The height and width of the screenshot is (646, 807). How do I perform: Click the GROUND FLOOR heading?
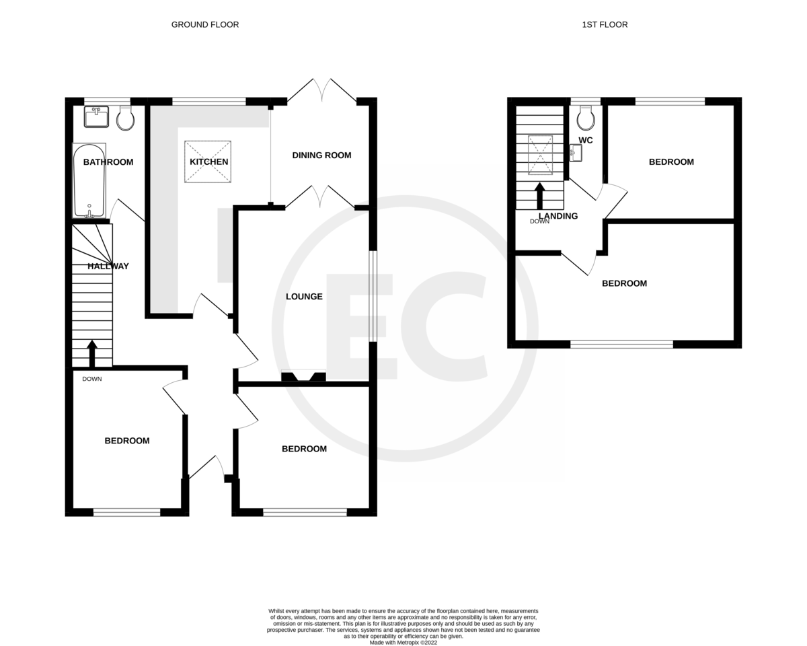[x=205, y=25]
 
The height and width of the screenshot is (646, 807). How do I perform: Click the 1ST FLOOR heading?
[x=605, y=25]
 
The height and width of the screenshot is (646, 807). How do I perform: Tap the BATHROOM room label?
[x=108, y=162]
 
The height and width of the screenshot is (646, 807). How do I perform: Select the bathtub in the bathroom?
[x=89, y=180]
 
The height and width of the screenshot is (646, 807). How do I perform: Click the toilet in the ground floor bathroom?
[x=125, y=119]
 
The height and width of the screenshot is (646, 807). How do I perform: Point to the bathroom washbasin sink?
[x=96, y=117]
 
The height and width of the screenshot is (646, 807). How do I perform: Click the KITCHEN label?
[x=208, y=162]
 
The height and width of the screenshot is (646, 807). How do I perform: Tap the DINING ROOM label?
[x=321, y=155]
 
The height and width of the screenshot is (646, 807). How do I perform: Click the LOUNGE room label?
[x=304, y=297]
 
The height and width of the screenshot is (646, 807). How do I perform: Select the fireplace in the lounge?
[x=303, y=377]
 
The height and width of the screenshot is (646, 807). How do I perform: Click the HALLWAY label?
[x=108, y=266]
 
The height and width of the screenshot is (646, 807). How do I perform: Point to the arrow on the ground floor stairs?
[x=92, y=353]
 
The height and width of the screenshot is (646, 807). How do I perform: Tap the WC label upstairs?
[x=586, y=141]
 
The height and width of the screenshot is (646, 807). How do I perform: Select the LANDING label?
[x=558, y=217]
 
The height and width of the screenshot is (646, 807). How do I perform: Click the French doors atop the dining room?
[x=322, y=92]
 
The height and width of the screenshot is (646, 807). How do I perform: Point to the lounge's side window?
[x=373, y=296]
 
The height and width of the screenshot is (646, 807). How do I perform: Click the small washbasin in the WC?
[x=574, y=154]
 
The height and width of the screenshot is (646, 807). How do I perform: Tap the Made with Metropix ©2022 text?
[x=403, y=643]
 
